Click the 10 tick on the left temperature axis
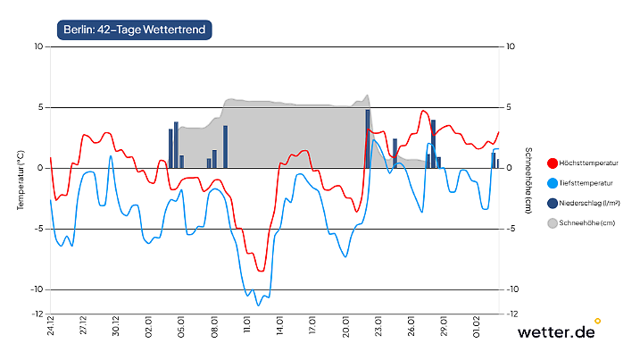point(37,46)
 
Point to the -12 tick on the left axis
point(37,314)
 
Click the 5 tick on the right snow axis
point(510,107)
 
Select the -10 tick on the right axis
point(512,289)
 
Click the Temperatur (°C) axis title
point(20,180)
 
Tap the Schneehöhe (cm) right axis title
point(528,180)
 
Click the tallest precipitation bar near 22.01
point(368,138)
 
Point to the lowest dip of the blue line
point(259,305)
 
